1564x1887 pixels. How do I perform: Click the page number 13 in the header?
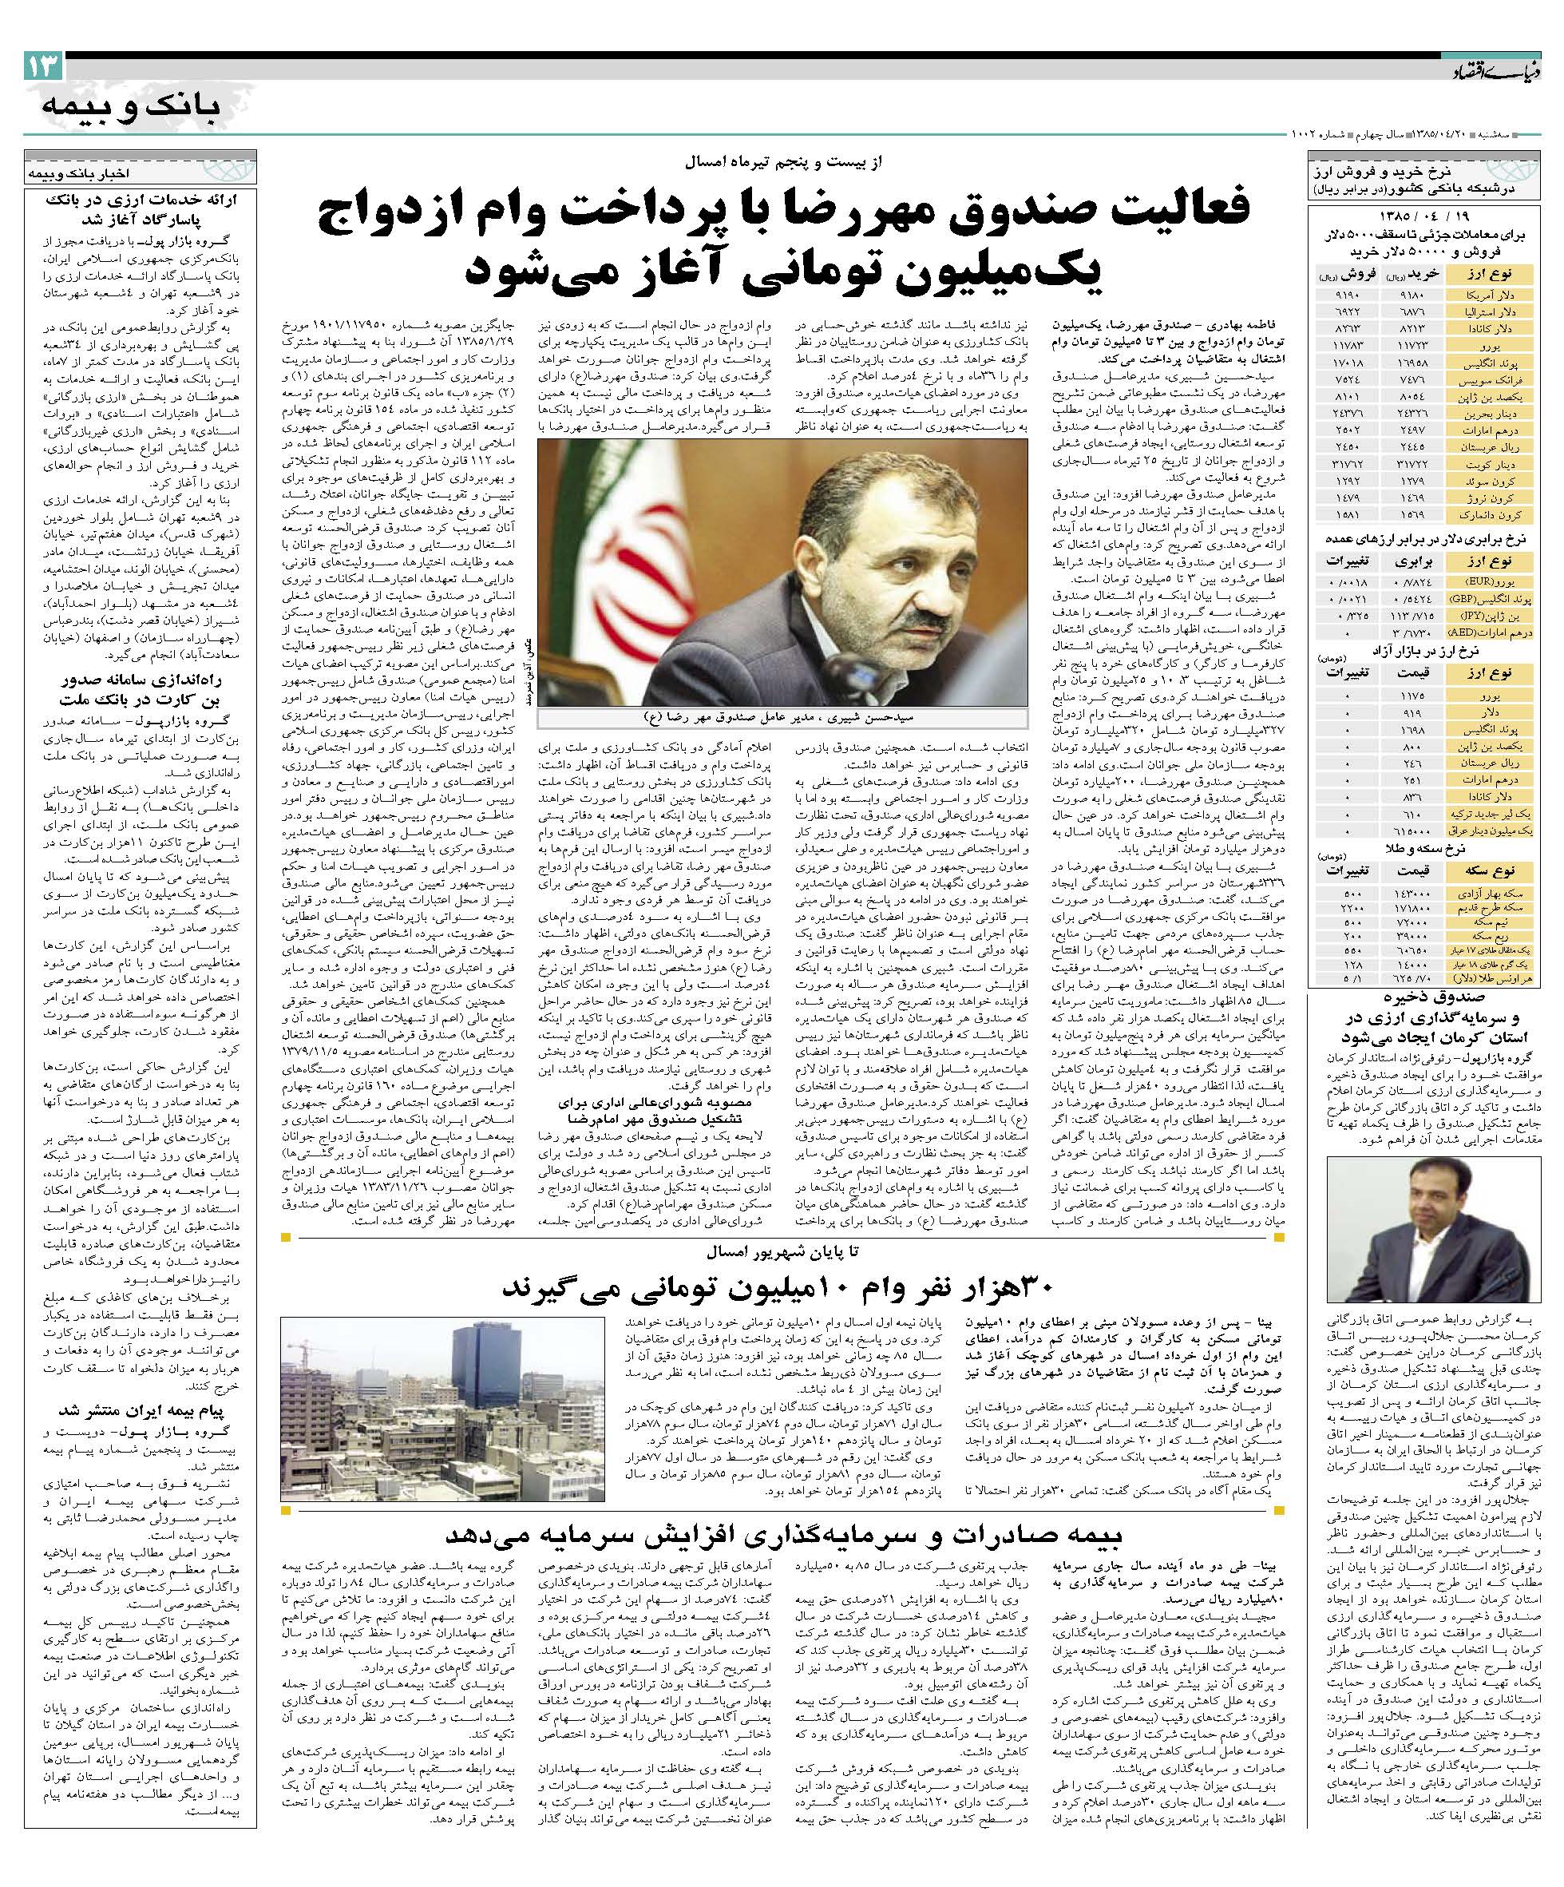pyautogui.click(x=44, y=65)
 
